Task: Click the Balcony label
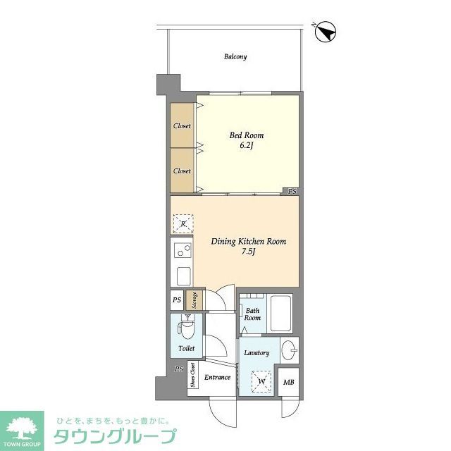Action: pyautogui.click(x=235, y=56)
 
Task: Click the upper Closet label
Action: pyautogui.click(x=183, y=126)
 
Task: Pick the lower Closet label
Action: pyautogui.click(x=183, y=171)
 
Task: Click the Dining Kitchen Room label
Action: pyautogui.click(x=249, y=242)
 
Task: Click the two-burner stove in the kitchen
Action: pyautogui.click(x=182, y=249)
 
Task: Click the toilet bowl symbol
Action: pyautogui.click(x=185, y=328)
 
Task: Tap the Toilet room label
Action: pyautogui.click(x=186, y=348)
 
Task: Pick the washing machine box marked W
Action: pyautogui.click(x=261, y=382)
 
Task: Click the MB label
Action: pyautogui.click(x=288, y=383)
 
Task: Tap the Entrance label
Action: pyautogui.click(x=218, y=378)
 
